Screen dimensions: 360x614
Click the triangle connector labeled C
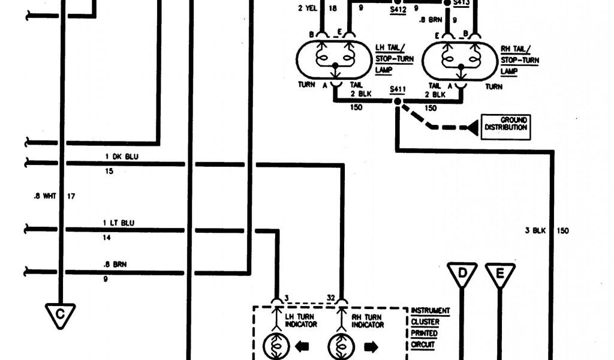click(60, 314)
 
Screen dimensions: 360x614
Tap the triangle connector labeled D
click(462, 274)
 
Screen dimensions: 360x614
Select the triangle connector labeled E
click(500, 275)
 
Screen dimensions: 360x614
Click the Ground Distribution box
click(505, 124)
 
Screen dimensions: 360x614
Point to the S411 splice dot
click(397, 102)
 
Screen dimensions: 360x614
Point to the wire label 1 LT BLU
click(119, 223)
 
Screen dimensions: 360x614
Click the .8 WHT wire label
click(45, 196)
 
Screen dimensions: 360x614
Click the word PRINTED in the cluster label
click(424, 333)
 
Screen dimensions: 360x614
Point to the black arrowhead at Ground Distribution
click(472, 127)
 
